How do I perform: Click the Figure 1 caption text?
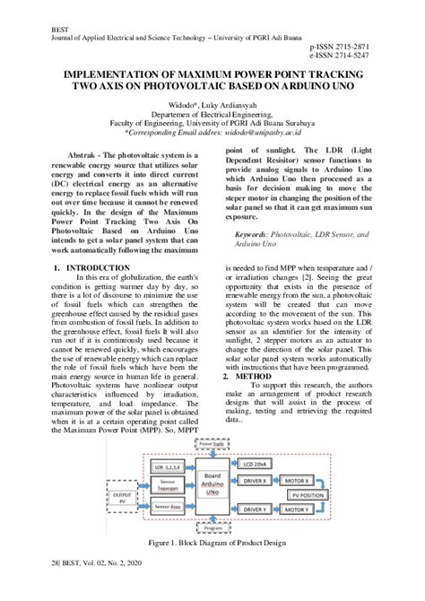click(212, 544)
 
